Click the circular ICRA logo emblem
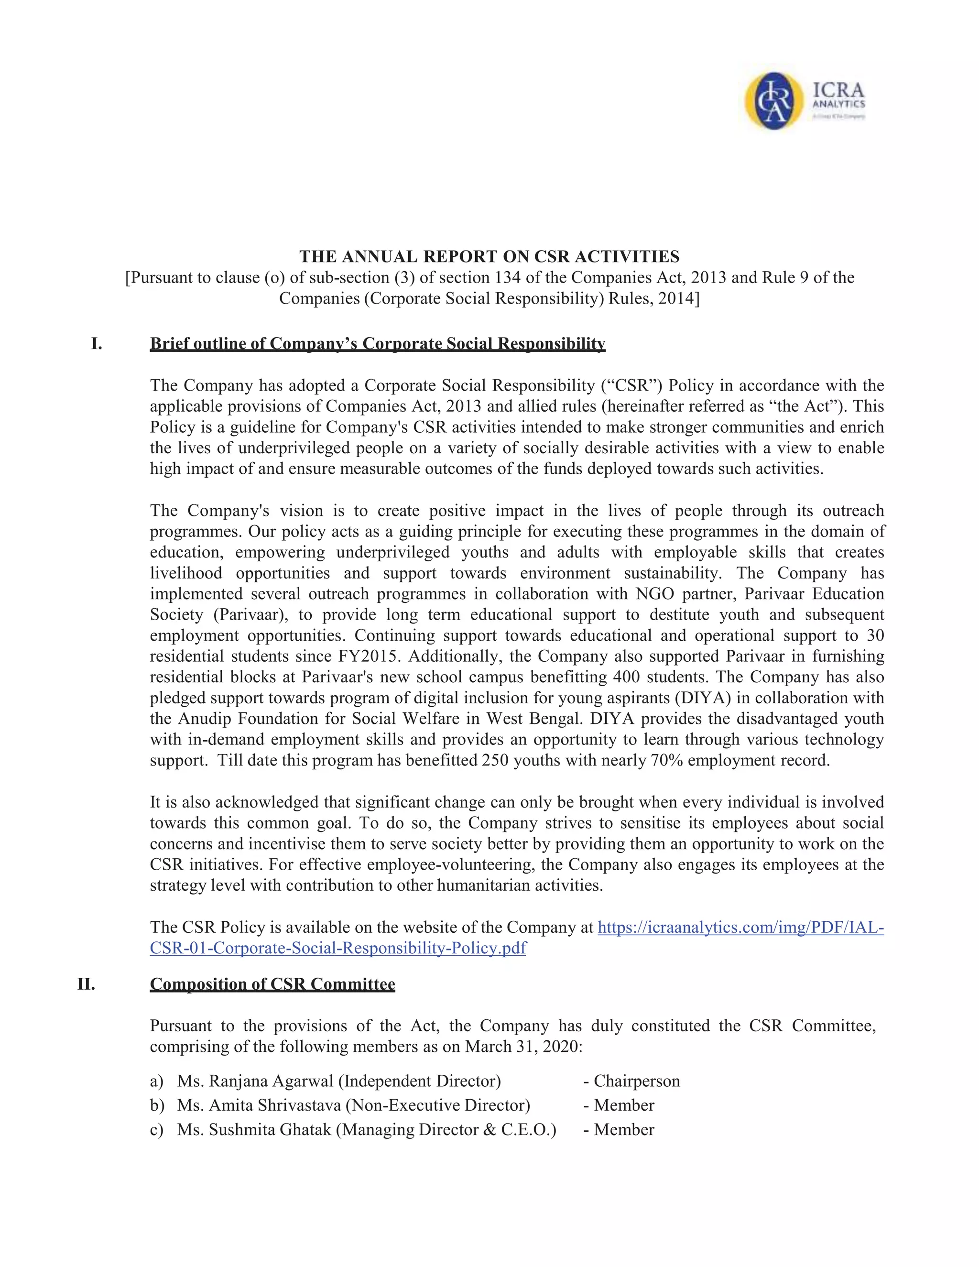click(x=774, y=100)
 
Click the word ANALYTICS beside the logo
click(x=838, y=104)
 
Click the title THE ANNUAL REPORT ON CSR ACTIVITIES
click(x=489, y=256)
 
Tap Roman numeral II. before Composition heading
click(x=87, y=984)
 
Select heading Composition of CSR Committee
click(x=272, y=984)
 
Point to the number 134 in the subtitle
click(x=508, y=277)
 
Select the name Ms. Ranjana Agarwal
click(x=256, y=1081)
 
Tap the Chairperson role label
click(x=636, y=1081)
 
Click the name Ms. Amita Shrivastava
click(x=259, y=1105)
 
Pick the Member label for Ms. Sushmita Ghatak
click(x=623, y=1129)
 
